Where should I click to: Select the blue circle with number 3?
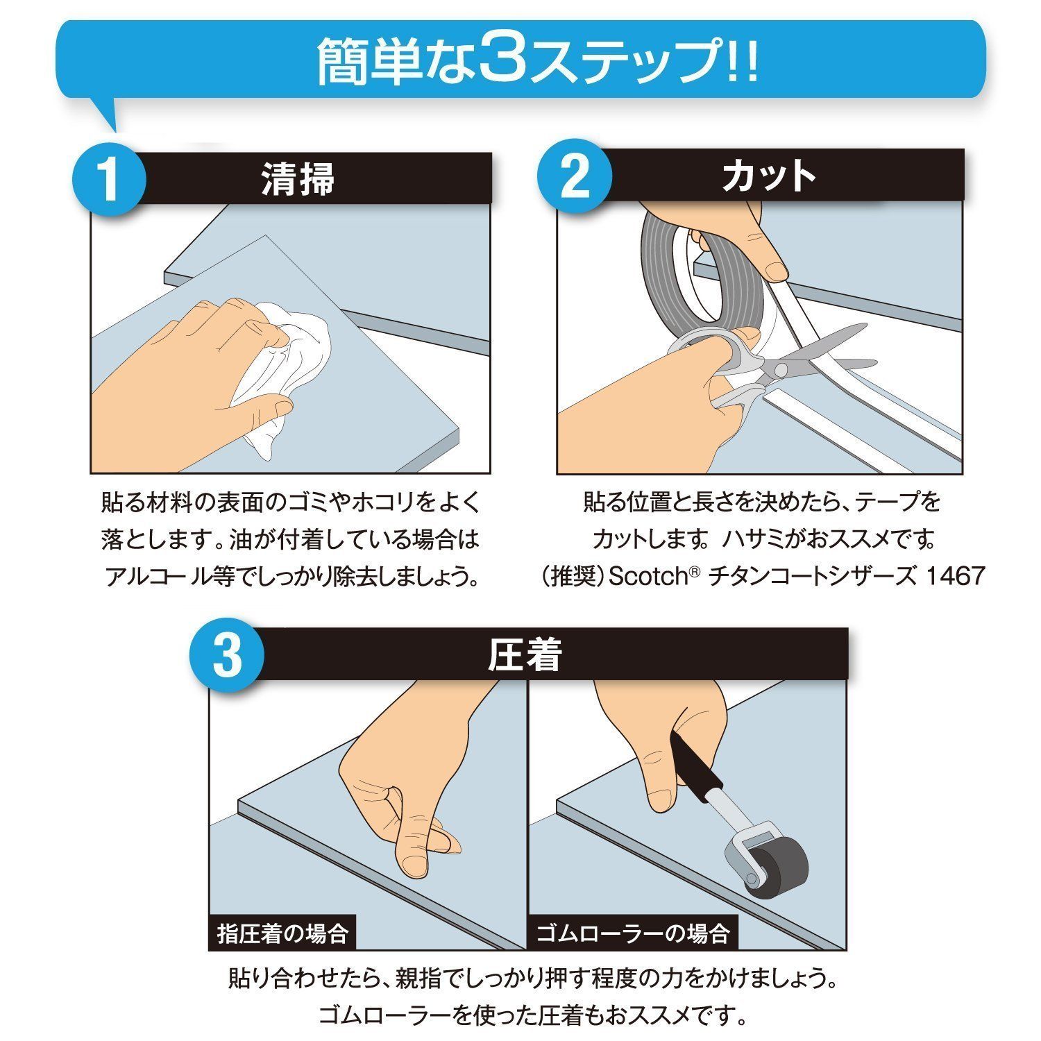pos(227,656)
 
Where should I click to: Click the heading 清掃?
pos(298,178)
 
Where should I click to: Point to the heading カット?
pos(768,176)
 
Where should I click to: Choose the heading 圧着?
pos(525,654)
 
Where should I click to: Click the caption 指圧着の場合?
pos(282,933)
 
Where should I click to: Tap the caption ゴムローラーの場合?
pos(633,933)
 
